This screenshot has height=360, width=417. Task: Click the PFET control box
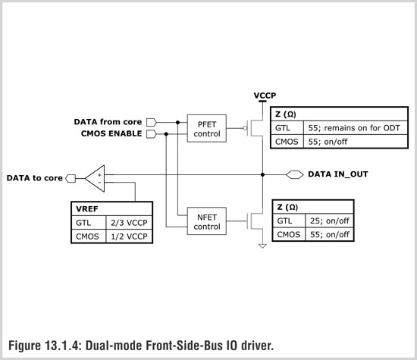[x=207, y=128]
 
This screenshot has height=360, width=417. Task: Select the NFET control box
[x=207, y=221]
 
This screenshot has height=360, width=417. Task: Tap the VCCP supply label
[x=265, y=95]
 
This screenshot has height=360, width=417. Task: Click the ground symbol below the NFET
[x=262, y=246]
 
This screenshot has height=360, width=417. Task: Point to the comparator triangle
[x=96, y=178]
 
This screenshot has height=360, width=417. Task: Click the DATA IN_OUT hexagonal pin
[x=295, y=174]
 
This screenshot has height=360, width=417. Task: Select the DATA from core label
[x=108, y=122]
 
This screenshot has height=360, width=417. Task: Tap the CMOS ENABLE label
[x=111, y=133]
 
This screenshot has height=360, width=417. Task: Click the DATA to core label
[x=35, y=178]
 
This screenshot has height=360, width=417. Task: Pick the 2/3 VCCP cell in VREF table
[x=129, y=223]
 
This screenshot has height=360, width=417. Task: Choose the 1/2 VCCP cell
[x=129, y=236]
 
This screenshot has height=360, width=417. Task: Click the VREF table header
[x=111, y=209]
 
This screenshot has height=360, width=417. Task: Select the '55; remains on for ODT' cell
[x=356, y=128]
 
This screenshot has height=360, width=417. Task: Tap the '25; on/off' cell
[x=329, y=221]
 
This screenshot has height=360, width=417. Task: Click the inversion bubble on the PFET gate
[x=245, y=128]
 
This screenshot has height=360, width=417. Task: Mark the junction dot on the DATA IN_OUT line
[x=262, y=174]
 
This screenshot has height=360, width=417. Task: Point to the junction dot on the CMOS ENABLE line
[x=166, y=133]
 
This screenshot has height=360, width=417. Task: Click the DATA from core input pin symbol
[x=152, y=122]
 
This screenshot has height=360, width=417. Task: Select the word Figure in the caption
[x=24, y=346]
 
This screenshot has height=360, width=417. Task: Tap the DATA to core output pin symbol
[x=71, y=178]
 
